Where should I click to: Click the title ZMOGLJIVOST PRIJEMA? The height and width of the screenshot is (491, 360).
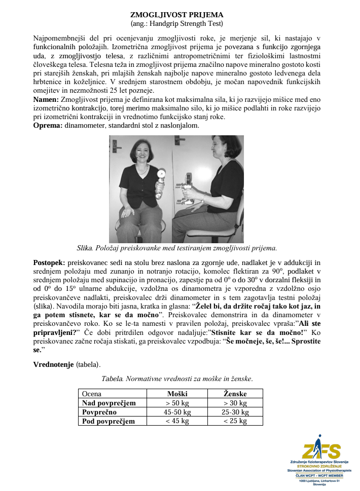pyautogui.click(x=176, y=15)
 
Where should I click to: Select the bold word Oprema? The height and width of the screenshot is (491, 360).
pyautogui.click(x=47, y=125)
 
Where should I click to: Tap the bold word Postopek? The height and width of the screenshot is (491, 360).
pyautogui.click(x=49, y=263)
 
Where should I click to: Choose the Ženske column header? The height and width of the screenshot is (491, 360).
pyautogui.click(x=235, y=394)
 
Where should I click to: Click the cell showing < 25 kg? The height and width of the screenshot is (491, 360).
pyautogui.click(x=235, y=421)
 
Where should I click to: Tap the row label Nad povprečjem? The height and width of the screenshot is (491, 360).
pyautogui.click(x=109, y=403)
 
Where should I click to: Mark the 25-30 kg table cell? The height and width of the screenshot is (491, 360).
pyautogui.click(x=235, y=412)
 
